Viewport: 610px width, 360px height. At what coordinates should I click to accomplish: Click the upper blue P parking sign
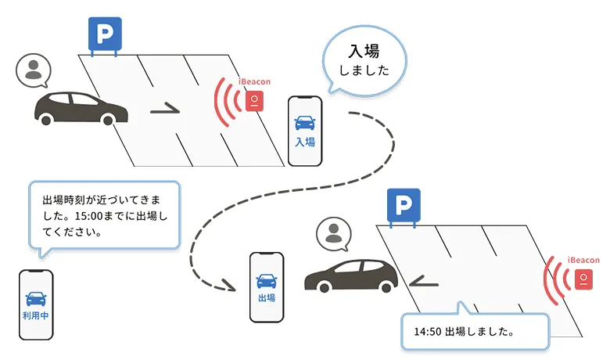[x=102, y=34]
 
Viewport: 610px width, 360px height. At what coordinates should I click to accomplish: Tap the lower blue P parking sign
[x=404, y=206]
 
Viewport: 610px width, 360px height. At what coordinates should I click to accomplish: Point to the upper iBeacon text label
[x=255, y=81]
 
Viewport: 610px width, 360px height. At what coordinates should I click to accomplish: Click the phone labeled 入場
[x=305, y=131]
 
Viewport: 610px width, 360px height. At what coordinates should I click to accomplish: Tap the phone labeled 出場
[x=266, y=287]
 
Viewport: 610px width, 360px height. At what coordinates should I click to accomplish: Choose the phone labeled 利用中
[x=36, y=304]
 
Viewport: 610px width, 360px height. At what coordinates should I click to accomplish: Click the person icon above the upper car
[x=33, y=70]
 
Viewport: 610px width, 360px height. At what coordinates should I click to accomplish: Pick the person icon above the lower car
[x=334, y=233]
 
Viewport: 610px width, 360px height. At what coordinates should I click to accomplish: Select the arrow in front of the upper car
[x=164, y=110]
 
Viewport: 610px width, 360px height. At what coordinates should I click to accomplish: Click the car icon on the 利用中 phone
[x=36, y=298]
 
